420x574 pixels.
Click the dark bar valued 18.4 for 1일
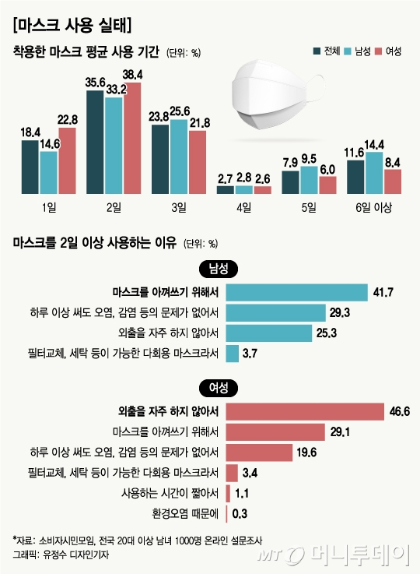click(30, 167)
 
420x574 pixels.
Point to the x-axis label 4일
click(243, 206)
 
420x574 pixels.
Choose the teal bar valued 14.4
click(374, 172)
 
